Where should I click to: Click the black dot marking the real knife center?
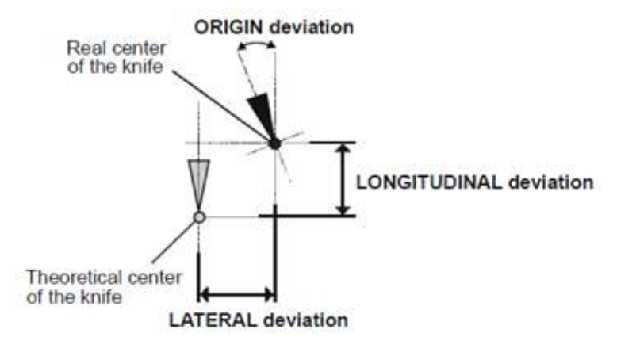[274, 144]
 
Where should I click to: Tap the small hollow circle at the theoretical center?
[199, 216]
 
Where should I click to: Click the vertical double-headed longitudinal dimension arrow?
[343, 179]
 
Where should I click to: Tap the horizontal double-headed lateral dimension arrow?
[236, 295]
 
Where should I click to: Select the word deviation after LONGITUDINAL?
[548, 182]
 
